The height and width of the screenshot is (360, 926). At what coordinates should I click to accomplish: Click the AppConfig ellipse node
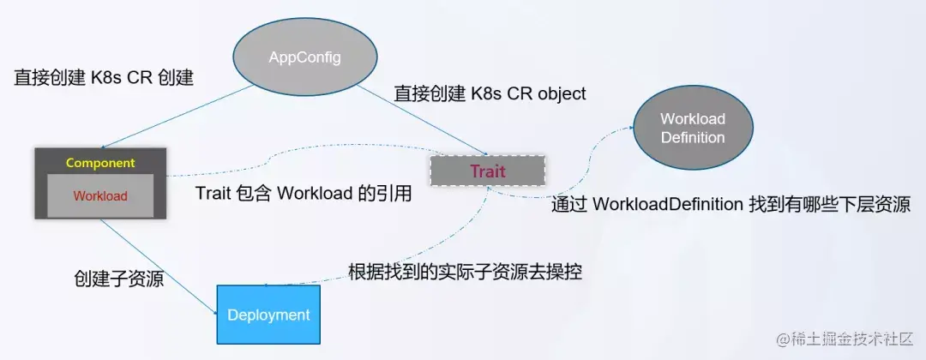[x=305, y=57]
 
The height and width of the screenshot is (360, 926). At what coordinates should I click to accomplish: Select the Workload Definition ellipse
[x=693, y=128]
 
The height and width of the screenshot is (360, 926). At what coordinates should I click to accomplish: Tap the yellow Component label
[x=100, y=163]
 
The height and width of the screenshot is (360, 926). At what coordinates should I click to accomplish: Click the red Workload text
[x=100, y=195]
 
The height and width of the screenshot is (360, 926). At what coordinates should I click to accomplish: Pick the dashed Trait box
[x=488, y=171]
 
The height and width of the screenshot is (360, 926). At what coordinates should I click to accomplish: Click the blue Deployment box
[x=268, y=315]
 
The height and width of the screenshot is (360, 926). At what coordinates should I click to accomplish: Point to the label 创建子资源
[x=118, y=279]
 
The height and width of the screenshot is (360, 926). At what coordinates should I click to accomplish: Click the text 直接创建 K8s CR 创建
[x=104, y=78]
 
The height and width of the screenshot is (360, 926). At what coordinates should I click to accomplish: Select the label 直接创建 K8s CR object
[x=490, y=93]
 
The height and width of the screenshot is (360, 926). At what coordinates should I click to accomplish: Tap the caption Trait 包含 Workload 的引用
[x=304, y=194]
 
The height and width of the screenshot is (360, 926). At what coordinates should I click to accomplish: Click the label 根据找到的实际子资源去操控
[x=466, y=273]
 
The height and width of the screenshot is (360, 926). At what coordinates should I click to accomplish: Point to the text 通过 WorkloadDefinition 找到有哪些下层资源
[x=731, y=204]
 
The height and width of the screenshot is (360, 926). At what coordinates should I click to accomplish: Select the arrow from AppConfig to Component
[x=177, y=117]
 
